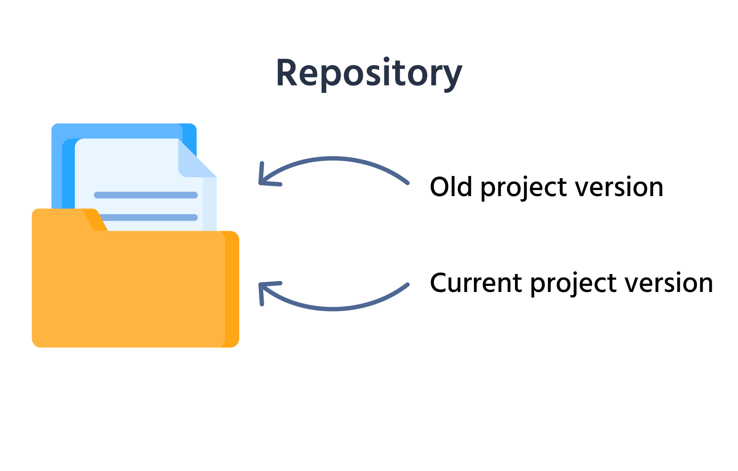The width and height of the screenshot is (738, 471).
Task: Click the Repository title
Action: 369,74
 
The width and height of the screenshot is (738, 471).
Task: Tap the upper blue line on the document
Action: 146,195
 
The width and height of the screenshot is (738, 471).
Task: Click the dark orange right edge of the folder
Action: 232,289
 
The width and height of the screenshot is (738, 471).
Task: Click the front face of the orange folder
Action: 127,289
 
